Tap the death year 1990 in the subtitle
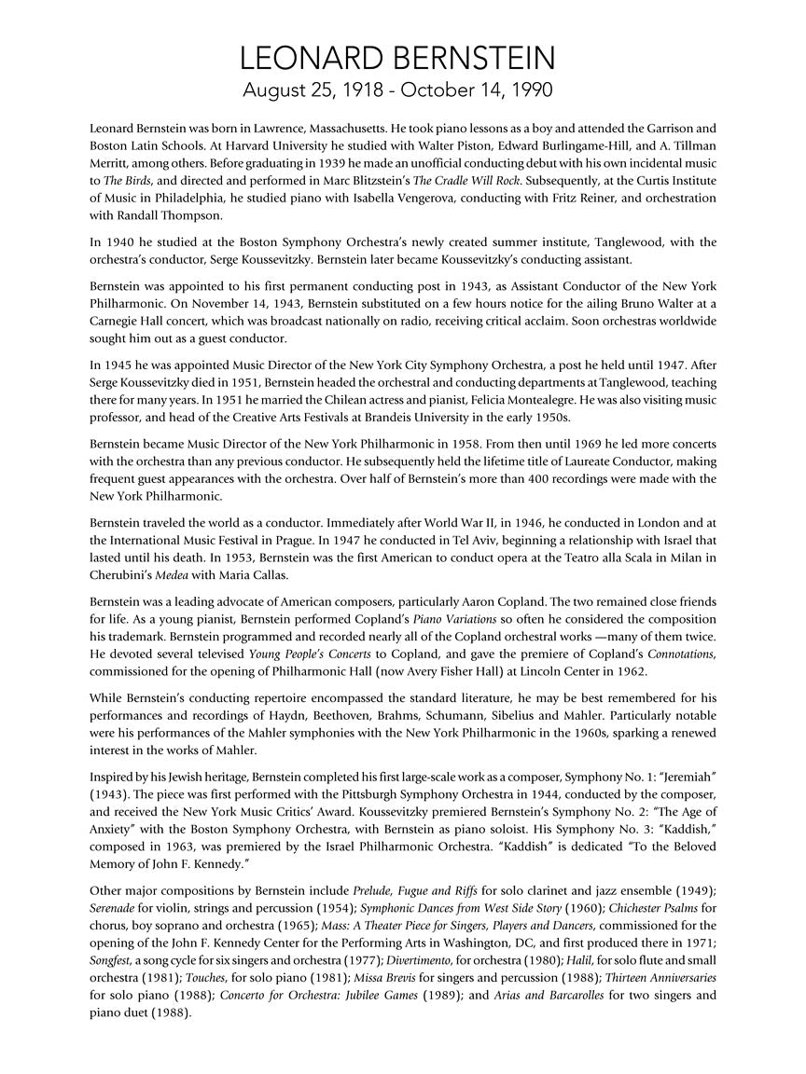[x=526, y=90]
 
